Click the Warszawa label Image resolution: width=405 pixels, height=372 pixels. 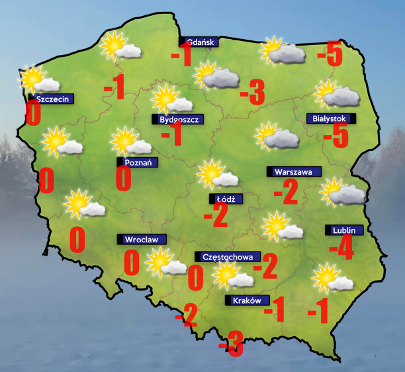coord(293,171)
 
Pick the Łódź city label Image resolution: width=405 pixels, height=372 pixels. coord(226,199)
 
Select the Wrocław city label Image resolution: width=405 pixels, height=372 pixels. coord(141,239)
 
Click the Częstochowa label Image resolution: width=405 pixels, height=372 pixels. coord(228,257)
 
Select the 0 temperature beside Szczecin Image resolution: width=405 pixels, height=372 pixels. coord(33,114)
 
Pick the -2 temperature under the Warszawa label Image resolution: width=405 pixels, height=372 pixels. coord(286,193)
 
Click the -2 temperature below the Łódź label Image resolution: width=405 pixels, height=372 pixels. coord(216,214)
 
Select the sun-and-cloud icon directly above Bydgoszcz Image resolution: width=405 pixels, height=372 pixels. coord(169,99)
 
